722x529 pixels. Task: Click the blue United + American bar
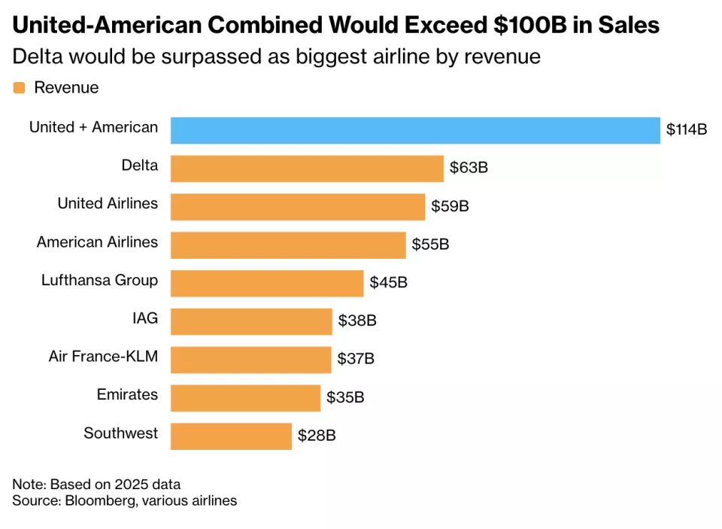click(x=415, y=130)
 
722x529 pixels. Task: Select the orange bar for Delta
click(x=307, y=169)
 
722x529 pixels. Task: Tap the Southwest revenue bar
click(x=231, y=436)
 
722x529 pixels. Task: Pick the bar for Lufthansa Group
click(x=267, y=283)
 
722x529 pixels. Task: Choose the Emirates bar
click(x=245, y=398)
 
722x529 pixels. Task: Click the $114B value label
click(x=687, y=129)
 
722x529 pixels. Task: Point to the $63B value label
click(x=469, y=168)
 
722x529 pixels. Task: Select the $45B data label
click(x=388, y=283)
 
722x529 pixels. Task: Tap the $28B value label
click(x=317, y=436)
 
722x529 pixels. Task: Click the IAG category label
click(x=145, y=318)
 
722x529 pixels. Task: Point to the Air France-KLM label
click(x=104, y=357)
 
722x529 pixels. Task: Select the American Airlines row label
click(x=98, y=242)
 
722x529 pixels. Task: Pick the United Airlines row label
click(x=108, y=203)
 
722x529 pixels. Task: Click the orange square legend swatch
click(x=20, y=88)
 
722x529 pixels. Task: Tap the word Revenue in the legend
click(x=66, y=88)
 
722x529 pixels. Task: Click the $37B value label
click(x=356, y=359)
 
